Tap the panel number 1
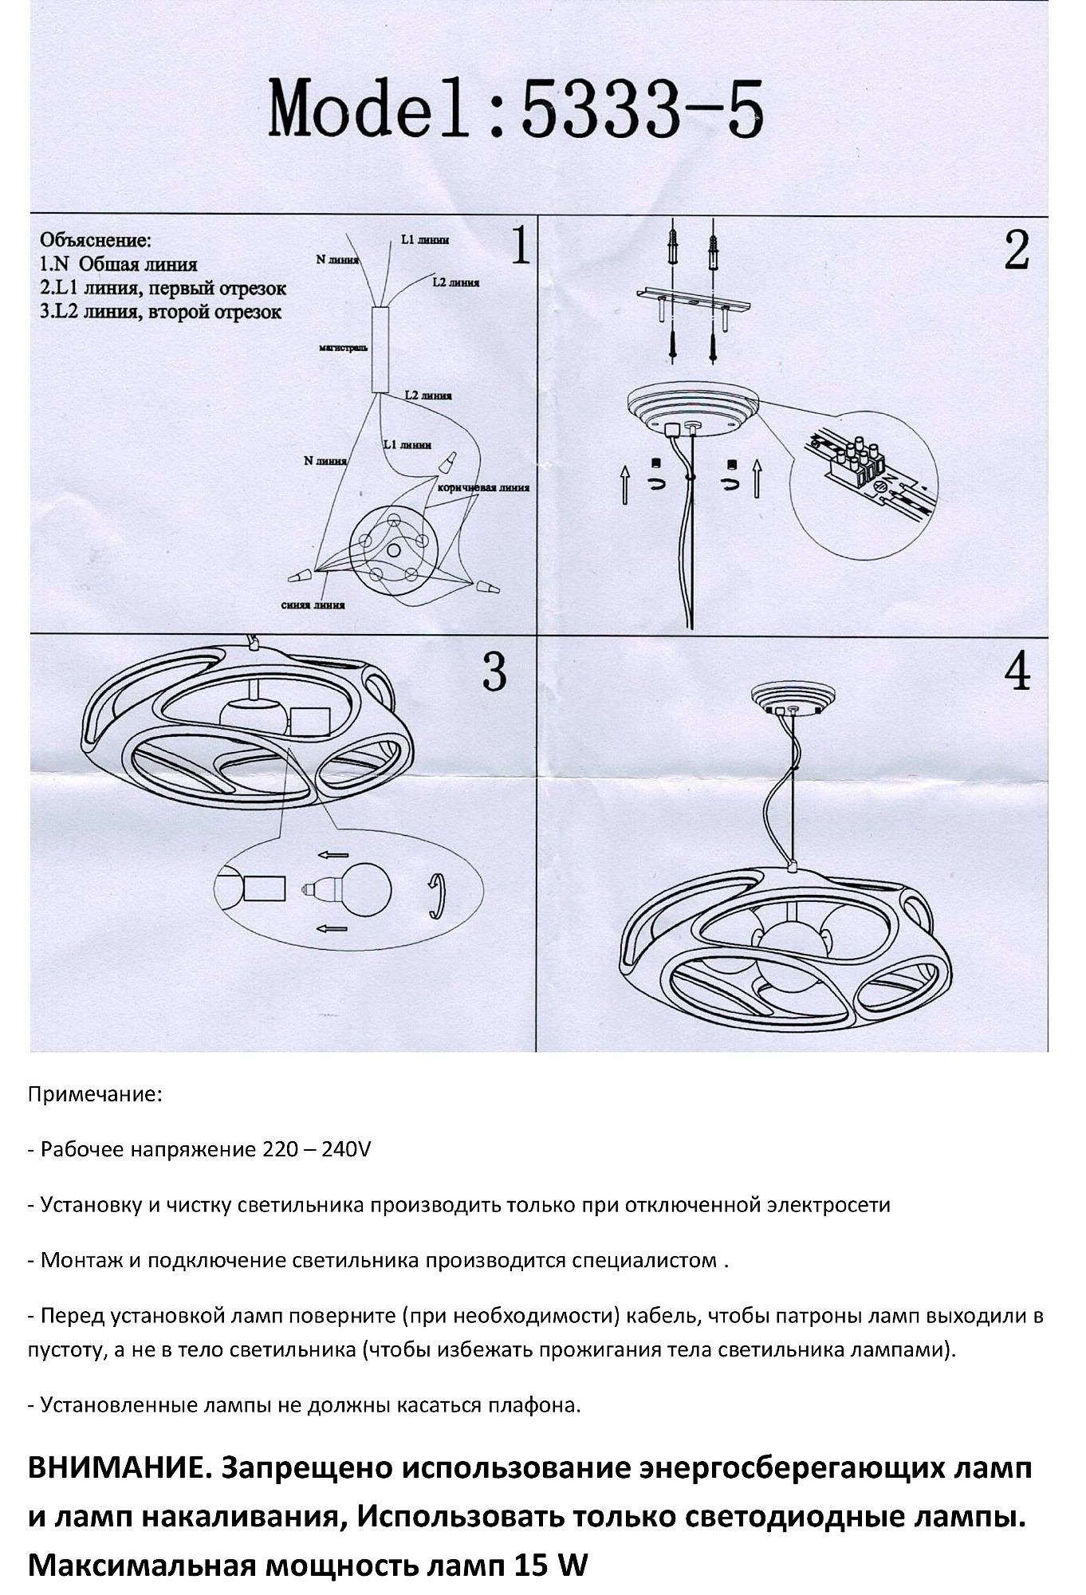click(519, 246)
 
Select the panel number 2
click(1016, 250)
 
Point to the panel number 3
click(494, 672)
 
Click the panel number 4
click(1017, 671)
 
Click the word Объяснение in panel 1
click(95, 239)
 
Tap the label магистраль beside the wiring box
click(343, 349)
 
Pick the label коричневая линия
click(483, 487)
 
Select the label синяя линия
click(313, 605)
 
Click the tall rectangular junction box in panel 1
click(380, 349)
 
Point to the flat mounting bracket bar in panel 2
click(694, 301)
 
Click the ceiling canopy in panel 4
click(793, 699)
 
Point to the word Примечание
click(95, 1094)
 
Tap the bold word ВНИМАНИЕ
click(119, 1468)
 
